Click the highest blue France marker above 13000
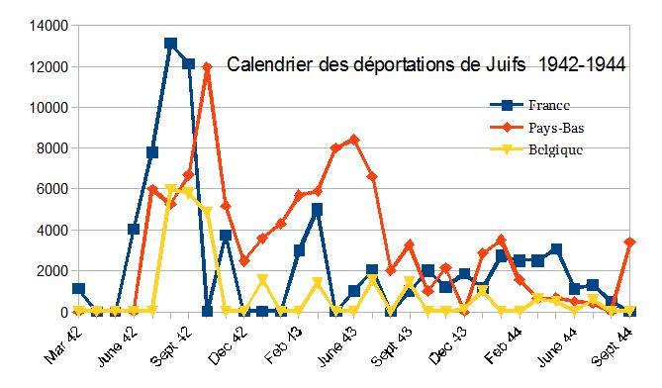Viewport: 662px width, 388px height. tap(170, 44)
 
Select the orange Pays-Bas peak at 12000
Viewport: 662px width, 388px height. tap(207, 67)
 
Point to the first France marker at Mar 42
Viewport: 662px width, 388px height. tap(79, 288)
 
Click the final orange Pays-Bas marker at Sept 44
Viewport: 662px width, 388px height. tap(629, 242)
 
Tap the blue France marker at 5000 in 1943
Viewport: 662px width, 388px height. tap(317, 209)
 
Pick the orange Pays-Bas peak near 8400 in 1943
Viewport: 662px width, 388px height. tap(353, 140)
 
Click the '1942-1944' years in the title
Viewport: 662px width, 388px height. tap(583, 66)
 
